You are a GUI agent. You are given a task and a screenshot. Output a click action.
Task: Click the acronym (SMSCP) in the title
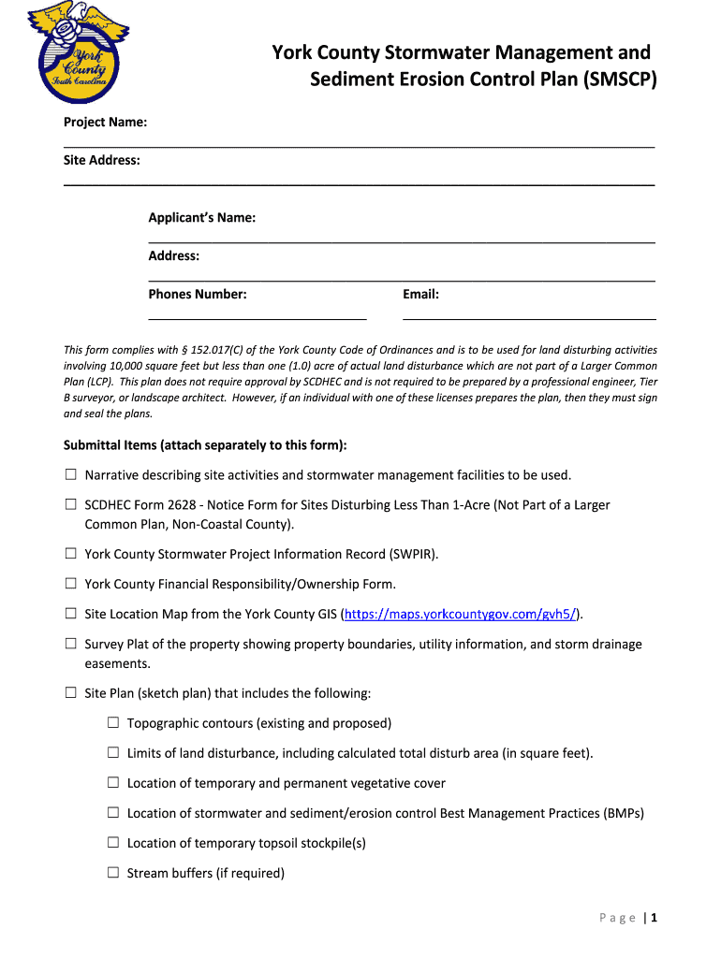(x=611, y=80)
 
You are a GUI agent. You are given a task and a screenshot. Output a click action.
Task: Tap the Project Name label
(x=105, y=123)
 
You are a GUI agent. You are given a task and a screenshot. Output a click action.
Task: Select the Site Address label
(x=102, y=160)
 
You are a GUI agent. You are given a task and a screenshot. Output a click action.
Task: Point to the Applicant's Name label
(x=202, y=218)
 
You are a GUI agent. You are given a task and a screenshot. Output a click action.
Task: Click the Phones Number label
(x=198, y=294)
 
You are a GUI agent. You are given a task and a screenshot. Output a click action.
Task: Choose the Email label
(x=420, y=294)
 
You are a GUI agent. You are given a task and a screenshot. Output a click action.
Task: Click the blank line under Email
(x=529, y=319)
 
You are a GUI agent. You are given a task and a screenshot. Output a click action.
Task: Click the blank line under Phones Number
(x=257, y=319)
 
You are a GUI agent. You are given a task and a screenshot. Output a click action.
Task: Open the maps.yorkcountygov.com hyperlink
(x=460, y=614)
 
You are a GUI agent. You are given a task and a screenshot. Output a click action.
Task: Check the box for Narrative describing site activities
(x=70, y=474)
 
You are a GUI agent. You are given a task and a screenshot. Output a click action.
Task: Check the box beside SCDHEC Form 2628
(x=70, y=504)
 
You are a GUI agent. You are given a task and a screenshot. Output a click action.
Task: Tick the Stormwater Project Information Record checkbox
(x=70, y=553)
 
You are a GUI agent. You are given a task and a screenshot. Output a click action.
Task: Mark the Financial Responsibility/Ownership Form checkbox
(x=70, y=583)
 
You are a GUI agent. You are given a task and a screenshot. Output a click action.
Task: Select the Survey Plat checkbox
(x=70, y=644)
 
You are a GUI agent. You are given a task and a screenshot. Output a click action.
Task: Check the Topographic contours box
(x=112, y=722)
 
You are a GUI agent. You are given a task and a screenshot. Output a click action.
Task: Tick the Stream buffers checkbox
(x=112, y=872)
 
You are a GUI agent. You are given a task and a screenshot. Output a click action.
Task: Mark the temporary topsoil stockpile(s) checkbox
(x=112, y=842)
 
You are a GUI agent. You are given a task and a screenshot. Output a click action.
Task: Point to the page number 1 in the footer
(x=655, y=918)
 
